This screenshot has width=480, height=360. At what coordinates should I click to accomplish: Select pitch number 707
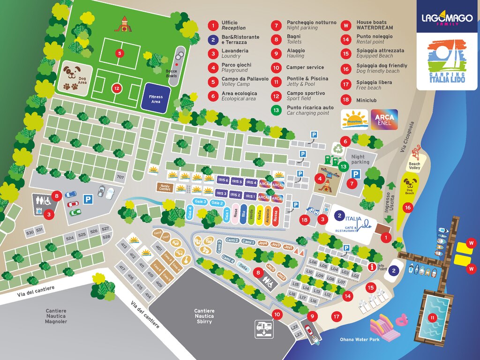point(120,177)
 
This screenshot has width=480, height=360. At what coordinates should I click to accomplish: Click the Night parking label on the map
point(360,159)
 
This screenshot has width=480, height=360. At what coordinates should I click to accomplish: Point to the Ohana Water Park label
point(360,339)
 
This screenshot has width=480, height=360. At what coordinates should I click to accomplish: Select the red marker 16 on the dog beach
point(408,207)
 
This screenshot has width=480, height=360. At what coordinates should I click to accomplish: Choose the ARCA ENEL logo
point(384,119)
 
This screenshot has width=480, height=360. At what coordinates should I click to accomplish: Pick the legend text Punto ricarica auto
point(310,107)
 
